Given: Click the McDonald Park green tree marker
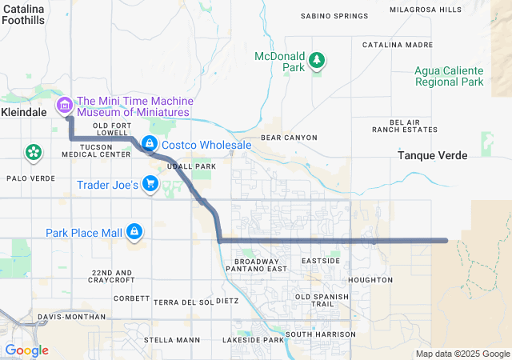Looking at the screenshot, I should [x=317, y=59].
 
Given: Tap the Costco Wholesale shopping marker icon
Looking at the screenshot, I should [x=149, y=144].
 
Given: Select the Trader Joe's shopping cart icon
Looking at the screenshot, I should [x=150, y=184].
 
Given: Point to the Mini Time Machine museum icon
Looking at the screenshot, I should [x=64, y=105].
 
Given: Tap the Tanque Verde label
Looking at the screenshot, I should [x=433, y=157].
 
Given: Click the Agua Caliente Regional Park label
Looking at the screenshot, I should [x=449, y=76].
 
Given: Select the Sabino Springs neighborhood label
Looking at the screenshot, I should [x=334, y=16].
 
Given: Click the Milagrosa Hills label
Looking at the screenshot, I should [x=425, y=10].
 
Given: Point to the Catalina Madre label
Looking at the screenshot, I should [x=398, y=46].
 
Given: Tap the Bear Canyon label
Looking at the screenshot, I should [x=289, y=138].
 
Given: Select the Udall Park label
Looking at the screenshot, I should [x=193, y=166].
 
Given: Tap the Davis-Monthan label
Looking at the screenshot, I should [x=72, y=318].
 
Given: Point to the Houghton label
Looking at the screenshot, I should [x=371, y=280].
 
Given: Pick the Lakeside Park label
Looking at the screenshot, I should [x=254, y=340].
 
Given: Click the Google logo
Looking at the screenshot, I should [x=26, y=350].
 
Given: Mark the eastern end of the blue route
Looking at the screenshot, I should [x=445, y=240].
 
